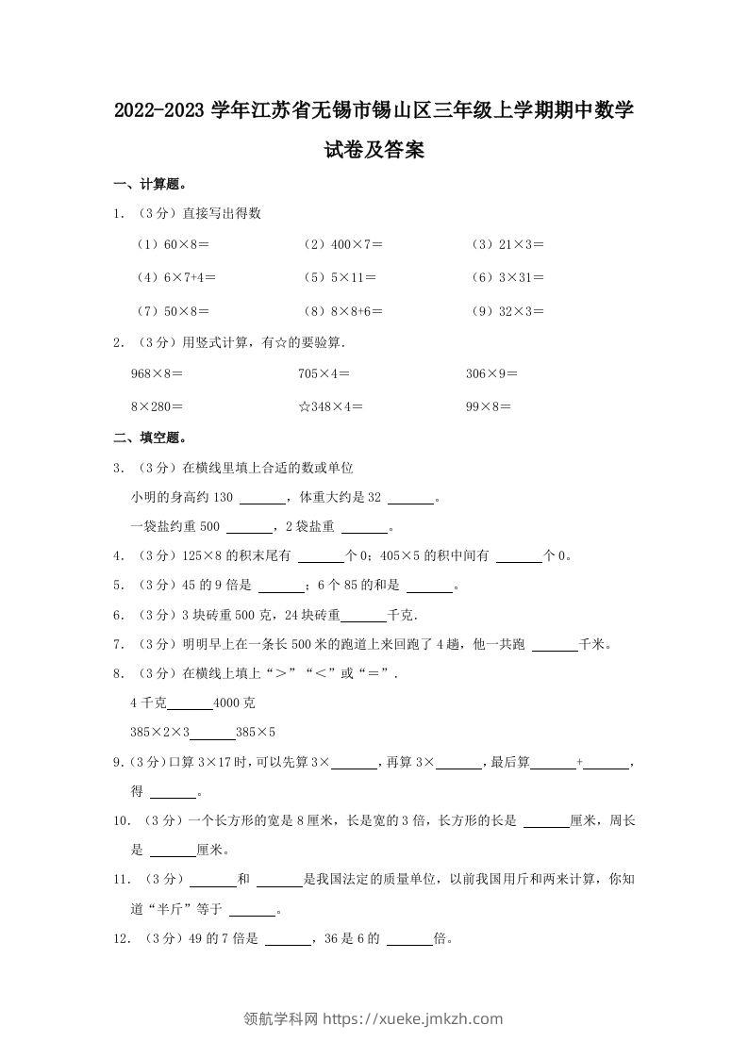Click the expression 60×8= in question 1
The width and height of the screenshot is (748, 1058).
pyautogui.click(x=186, y=244)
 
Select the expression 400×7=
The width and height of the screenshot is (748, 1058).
pyautogui.click(x=357, y=244)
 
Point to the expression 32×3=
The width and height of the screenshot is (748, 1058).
pyautogui.click(x=521, y=311)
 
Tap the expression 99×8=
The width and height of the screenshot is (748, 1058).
pyautogui.click(x=489, y=406)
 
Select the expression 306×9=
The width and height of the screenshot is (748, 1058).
pyautogui.click(x=492, y=373)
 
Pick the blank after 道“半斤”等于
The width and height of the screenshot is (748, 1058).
pyautogui.click(x=253, y=913)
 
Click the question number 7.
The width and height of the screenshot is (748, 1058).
pyautogui.click(x=117, y=645)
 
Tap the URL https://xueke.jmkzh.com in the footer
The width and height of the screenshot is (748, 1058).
pyautogui.click(x=412, y=1018)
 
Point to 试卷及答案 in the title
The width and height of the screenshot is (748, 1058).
pyautogui.click(x=374, y=149)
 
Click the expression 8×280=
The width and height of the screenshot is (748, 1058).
pyautogui.click(x=157, y=406)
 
